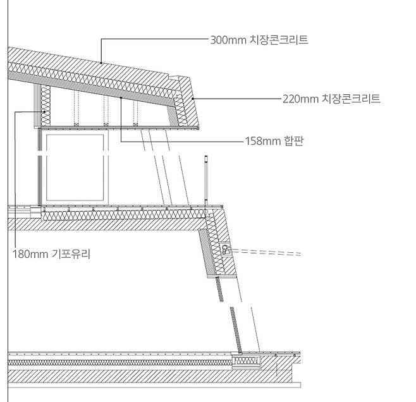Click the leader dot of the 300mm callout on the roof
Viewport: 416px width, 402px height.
click(x=102, y=63)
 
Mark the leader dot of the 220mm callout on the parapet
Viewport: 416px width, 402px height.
click(x=194, y=99)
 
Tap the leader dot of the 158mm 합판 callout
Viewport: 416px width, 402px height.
click(x=120, y=99)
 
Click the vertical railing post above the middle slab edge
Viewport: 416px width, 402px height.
click(x=206, y=180)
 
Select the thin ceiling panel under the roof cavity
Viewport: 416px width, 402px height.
click(x=120, y=128)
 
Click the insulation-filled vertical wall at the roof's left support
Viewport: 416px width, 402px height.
click(x=46, y=104)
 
